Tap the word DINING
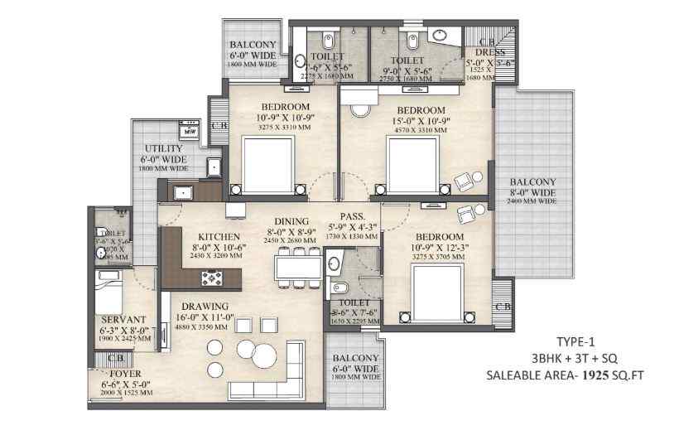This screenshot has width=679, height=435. click(287, 221)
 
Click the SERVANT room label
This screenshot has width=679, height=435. click(123, 319)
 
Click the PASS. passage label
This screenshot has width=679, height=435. click(352, 215)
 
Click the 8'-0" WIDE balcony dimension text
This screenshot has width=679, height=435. click(532, 192)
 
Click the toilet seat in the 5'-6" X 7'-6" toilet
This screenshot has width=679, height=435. click(338, 289)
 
